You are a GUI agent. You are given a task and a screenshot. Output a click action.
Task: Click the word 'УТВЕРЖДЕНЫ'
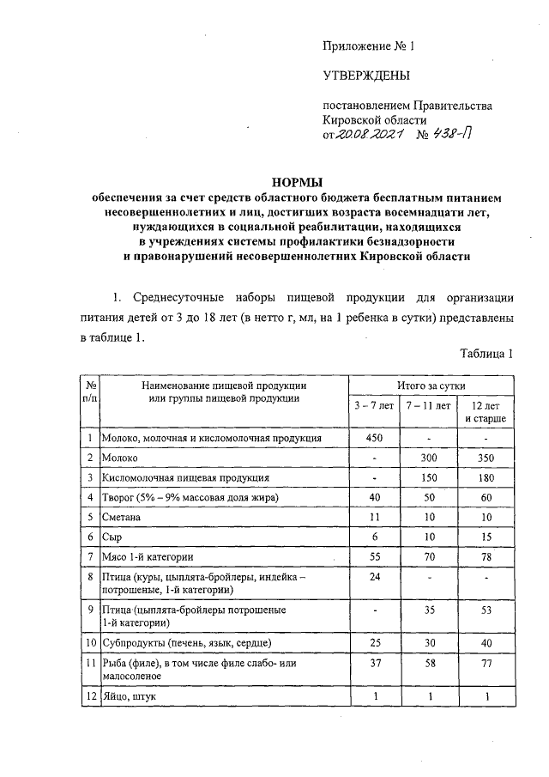click(365, 76)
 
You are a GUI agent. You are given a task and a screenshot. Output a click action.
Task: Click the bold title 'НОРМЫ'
click(296, 183)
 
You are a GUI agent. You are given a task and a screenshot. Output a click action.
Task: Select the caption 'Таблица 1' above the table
click(486, 354)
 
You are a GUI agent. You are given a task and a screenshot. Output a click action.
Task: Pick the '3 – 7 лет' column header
click(375, 404)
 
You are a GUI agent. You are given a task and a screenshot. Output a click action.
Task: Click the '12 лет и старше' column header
click(486, 411)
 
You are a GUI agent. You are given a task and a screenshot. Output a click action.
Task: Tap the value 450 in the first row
click(375, 438)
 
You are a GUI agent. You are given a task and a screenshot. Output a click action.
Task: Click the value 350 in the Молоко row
click(486, 458)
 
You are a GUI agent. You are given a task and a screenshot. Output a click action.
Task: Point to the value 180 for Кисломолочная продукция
click(486, 477)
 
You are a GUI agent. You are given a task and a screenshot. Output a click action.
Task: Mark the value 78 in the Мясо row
click(486, 556)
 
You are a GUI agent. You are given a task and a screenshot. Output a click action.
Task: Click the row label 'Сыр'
click(112, 537)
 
